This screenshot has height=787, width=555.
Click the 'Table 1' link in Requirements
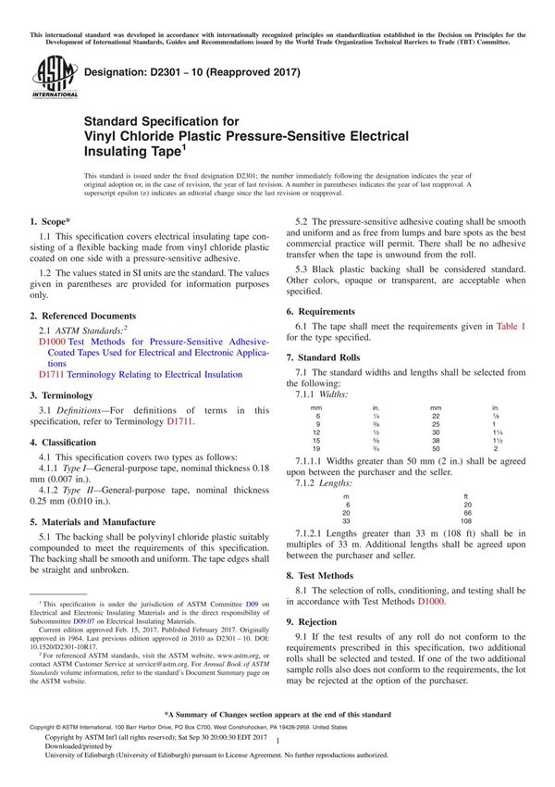(x=511, y=327)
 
